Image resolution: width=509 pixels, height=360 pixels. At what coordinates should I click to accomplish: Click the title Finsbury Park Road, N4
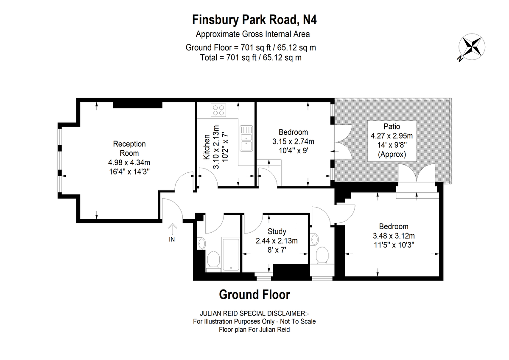pyautogui.click(x=254, y=20)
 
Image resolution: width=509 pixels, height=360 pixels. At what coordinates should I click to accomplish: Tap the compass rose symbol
pyautogui.click(x=472, y=47)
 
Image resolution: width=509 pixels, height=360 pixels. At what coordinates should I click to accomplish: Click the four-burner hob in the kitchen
pyautogui.click(x=218, y=110)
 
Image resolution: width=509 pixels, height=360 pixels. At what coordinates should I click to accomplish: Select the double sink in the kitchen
pyautogui.click(x=246, y=138)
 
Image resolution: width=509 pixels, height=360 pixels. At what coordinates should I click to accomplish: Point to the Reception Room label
pyautogui.click(x=129, y=149)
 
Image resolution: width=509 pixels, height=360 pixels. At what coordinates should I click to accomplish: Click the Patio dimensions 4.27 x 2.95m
pyautogui.click(x=392, y=136)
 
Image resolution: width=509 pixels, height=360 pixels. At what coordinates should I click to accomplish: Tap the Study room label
pyautogui.click(x=277, y=231)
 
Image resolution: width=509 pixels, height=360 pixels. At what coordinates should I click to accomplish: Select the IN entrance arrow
pyautogui.click(x=172, y=229)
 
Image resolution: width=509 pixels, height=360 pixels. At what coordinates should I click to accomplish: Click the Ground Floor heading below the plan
pyautogui.click(x=255, y=295)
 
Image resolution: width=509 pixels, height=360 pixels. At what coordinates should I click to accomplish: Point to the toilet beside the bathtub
pyautogui.click(x=213, y=261)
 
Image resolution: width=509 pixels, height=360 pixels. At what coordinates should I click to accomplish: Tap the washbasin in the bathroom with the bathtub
pyautogui.click(x=201, y=244)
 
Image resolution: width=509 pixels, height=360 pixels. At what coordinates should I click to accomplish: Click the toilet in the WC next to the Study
pyautogui.click(x=322, y=256)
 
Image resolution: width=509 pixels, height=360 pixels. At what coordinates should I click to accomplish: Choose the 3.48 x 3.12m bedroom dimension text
pyautogui.click(x=394, y=236)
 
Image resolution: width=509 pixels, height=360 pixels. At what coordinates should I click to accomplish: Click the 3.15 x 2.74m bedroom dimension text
pyautogui.click(x=294, y=141)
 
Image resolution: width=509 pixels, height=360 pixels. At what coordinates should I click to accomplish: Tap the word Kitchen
pyautogui.click(x=207, y=147)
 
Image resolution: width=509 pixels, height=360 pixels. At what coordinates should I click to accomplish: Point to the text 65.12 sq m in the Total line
pyautogui.click(x=282, y=58)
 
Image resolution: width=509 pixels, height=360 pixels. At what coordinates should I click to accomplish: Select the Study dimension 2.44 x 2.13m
pyautogui.click(x=277, y=241)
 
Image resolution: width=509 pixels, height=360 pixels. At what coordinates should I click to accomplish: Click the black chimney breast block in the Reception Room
pyautogui.click(x=138, y=105)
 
